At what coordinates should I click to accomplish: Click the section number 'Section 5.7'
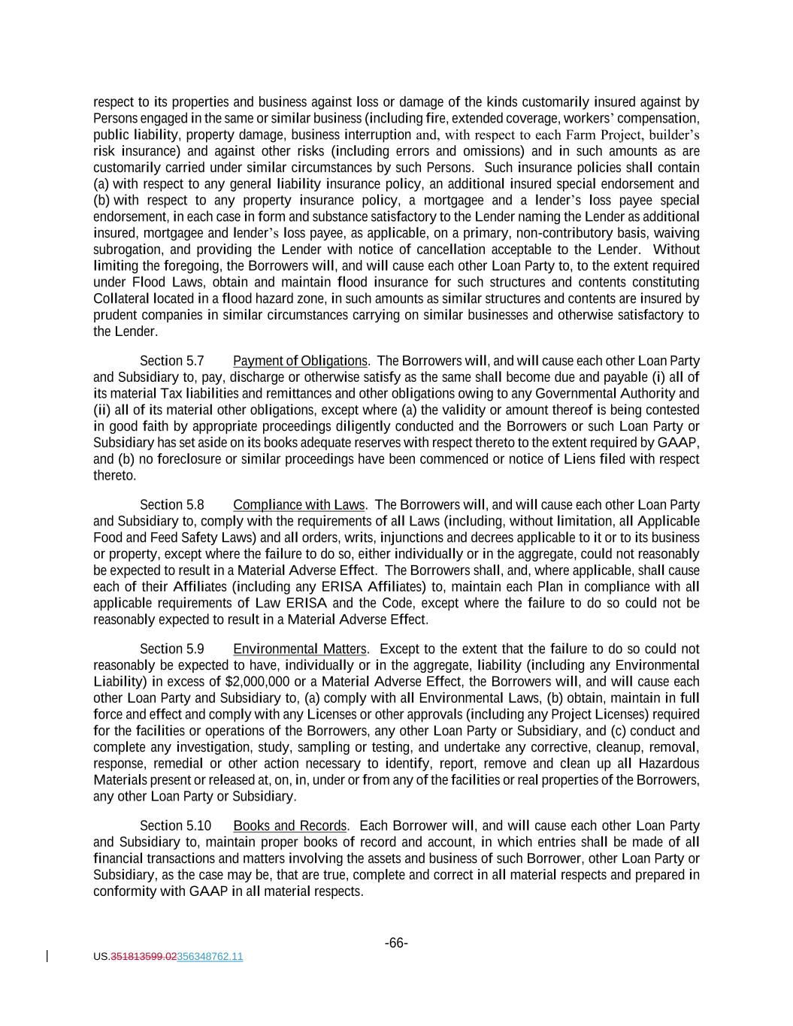[x=171, y=361]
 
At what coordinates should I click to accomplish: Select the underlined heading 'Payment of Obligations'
[x=300, y=361]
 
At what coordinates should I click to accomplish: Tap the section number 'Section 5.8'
[x=171, y=504]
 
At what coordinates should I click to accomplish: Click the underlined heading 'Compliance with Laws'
[x=298, y=504]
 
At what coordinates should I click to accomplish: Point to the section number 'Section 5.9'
[x=171, y=649]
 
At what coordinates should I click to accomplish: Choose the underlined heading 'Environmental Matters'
[x=299, y=649]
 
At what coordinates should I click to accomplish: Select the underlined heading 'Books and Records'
[x=290, y=825]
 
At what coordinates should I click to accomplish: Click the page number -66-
[x=396, y=943]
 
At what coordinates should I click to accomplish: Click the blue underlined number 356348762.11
[x=210, y=957]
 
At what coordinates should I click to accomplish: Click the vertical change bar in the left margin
[x=48, y=956]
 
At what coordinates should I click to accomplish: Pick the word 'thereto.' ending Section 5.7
[x=115, y=476]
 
